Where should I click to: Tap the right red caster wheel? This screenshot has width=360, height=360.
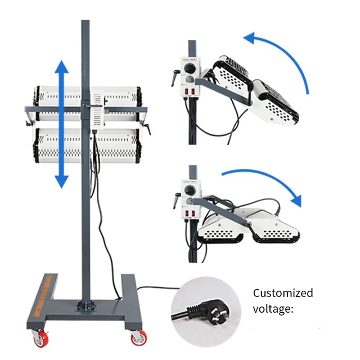137,337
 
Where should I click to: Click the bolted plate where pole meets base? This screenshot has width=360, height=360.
85,305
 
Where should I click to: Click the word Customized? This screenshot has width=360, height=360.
283,293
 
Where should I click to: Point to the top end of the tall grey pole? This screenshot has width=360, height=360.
85,22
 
